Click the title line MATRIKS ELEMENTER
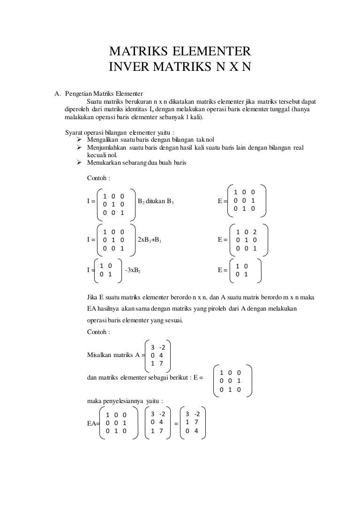(x=180, y=51)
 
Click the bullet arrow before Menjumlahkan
(x=79, y=148)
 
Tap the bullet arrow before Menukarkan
(x=79, y=163)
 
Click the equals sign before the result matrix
(x=176, y=424)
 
